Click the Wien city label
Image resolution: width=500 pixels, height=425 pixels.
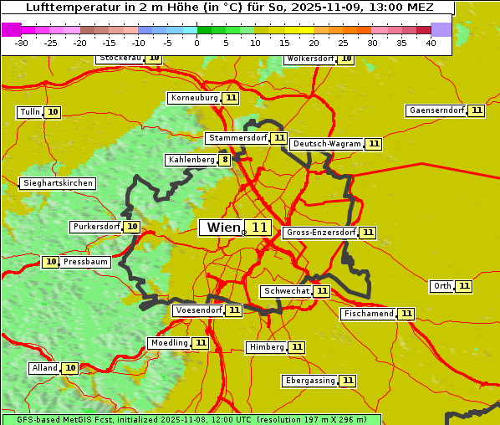[222, 228]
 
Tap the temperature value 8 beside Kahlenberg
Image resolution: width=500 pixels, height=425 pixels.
[225, 160]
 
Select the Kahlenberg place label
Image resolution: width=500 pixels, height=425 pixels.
[191, 160]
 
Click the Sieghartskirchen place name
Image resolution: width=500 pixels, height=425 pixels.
[58, 183]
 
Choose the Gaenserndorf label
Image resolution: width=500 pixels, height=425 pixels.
[436, 110]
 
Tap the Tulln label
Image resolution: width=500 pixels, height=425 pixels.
[29, 112]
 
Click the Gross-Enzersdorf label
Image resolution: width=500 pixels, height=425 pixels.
[320, 233]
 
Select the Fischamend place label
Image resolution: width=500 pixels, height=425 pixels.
[368, 314]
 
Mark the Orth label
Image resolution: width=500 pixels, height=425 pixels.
[441, 286]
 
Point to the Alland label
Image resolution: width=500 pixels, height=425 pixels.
[44, 368]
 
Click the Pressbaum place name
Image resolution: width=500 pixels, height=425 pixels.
[86, 262]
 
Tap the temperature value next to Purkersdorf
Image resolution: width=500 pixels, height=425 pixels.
[132, 227]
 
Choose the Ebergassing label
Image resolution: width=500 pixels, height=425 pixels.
[309, 381]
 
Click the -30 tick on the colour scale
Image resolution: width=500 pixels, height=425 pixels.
[22, 43]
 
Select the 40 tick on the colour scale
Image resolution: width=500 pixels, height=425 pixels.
[431, 43]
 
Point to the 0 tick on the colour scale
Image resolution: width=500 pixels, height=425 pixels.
[196, 43]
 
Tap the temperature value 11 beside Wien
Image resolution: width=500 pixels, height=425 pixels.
[259, 228]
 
